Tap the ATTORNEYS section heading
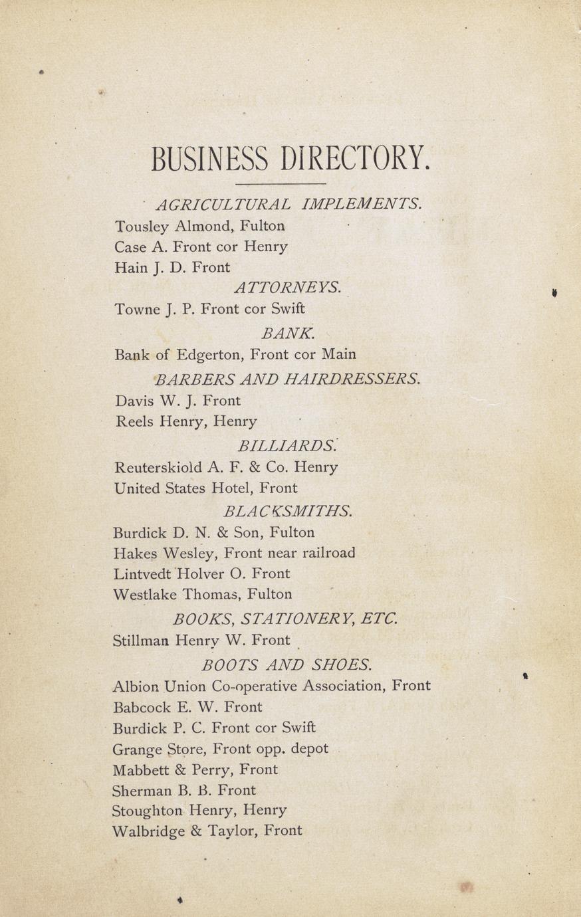click(x=287, y=287)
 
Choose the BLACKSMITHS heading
click(x=288, y=511)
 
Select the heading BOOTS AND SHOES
click(x=287, y=664)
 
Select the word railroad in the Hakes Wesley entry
click(x=328, y=553)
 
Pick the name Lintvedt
click(x=142, y=573)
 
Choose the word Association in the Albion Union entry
click(x=344, y=686)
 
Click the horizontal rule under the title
click(x=281, y=183)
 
